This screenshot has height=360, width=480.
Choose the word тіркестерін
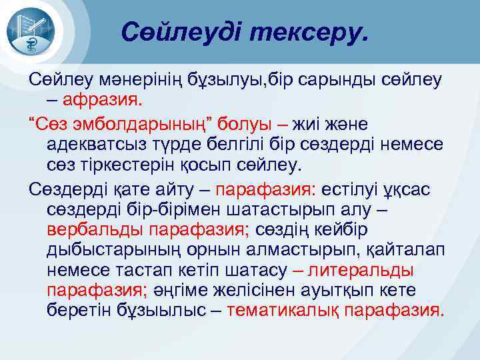tap(120, 163)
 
